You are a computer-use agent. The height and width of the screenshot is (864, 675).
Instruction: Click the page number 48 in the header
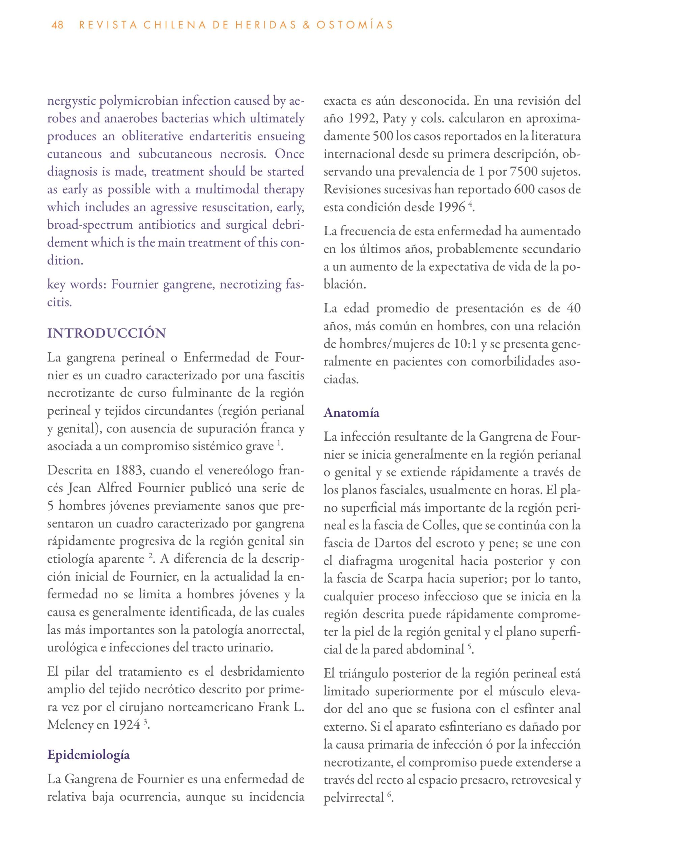(x=57, y=25)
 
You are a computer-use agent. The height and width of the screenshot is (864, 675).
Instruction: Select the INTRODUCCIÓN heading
(x=106, y=333)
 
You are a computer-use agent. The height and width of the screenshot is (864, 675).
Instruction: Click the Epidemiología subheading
(x=89, y=754)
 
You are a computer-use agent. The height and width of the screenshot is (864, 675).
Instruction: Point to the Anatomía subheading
(x=351, y=413)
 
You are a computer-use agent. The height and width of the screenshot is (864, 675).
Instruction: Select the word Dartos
(x=385, y=543)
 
